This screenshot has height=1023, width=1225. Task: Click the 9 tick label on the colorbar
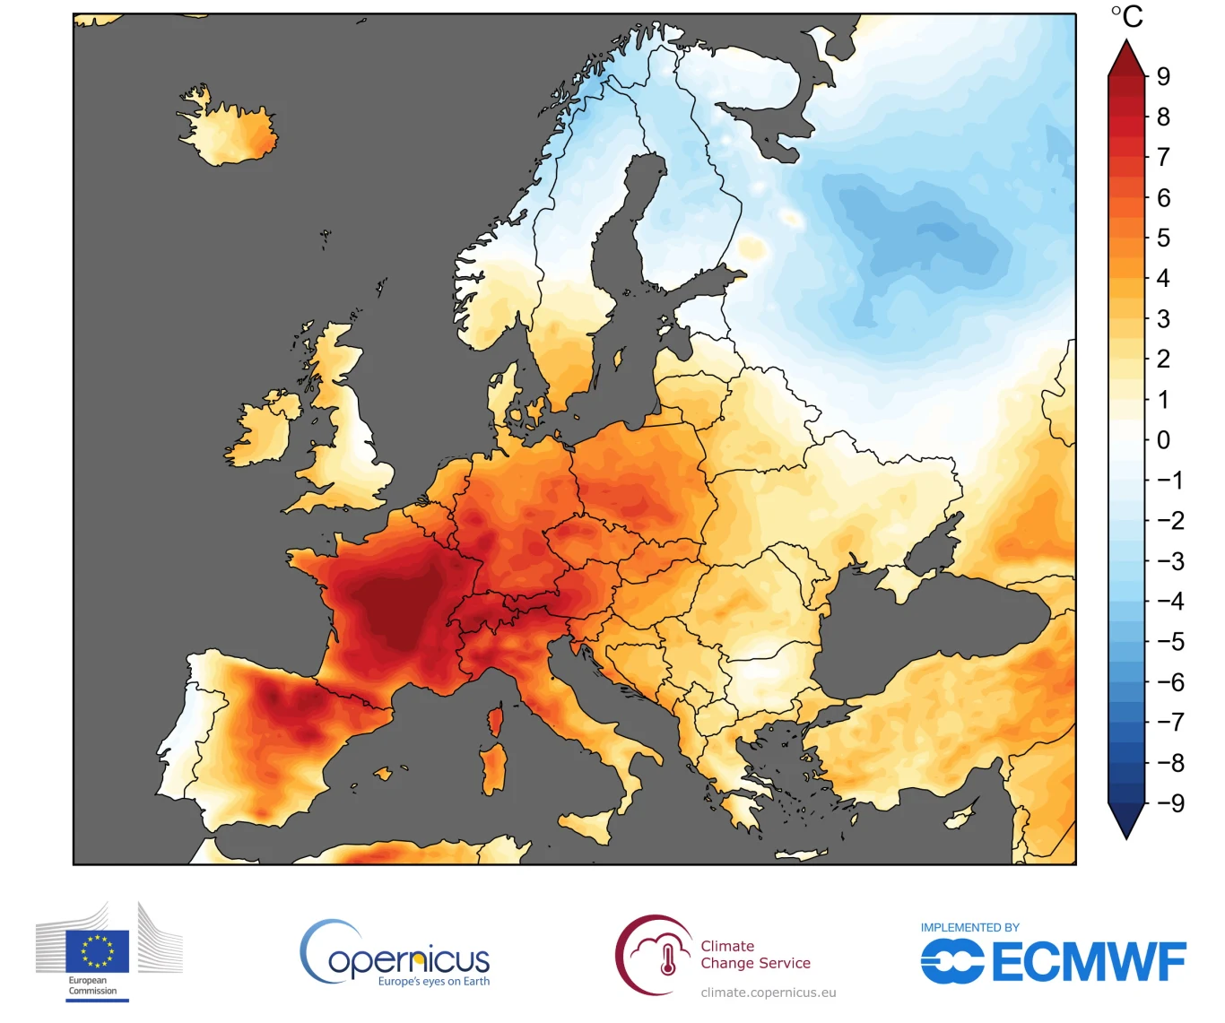point(1163,76)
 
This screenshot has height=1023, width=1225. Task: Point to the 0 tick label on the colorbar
point(1163,440)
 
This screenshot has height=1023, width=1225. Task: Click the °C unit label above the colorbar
point(1127,16)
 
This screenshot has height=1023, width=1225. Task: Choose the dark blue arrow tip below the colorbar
point(1127,821)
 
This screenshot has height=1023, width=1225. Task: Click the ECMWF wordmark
point(1089,963)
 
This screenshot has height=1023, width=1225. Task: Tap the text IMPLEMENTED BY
point(970,928)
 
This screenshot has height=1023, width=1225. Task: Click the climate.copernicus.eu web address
point(769,993)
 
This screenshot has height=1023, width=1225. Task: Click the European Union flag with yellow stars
point(97,951)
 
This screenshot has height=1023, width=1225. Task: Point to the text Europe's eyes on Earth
point(434,982)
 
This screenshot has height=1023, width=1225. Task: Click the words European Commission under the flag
point(92,986)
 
